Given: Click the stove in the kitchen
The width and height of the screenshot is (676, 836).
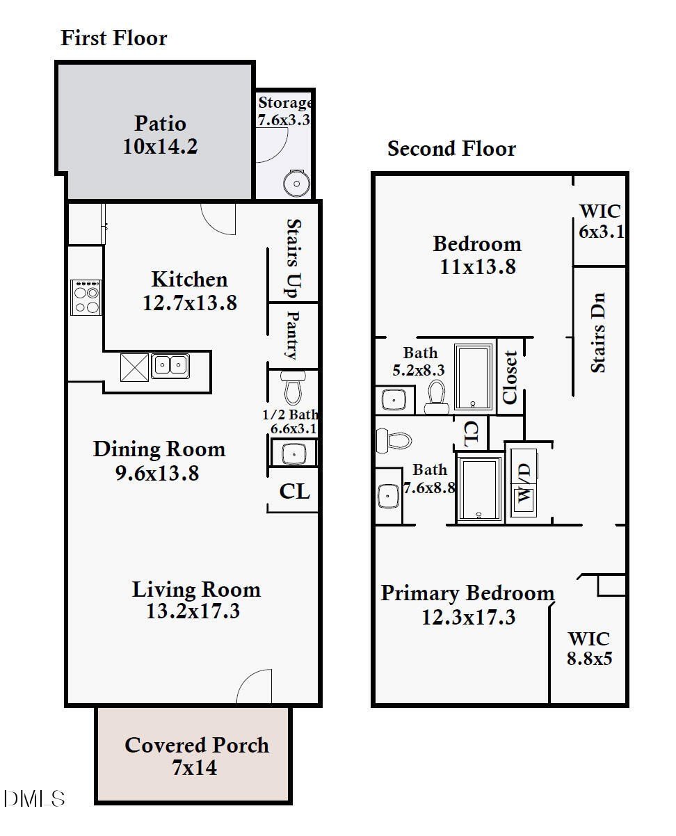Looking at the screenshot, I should [86, 298].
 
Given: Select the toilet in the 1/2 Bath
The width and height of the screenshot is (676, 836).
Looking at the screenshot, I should [293, 387].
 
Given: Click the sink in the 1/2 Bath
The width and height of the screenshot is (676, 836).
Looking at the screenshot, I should [293, 453].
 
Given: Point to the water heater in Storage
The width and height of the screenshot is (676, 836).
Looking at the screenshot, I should [296, 183].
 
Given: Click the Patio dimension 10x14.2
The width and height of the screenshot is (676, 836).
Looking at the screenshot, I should [160, 146].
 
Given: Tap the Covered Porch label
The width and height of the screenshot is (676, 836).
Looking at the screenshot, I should [196, 745].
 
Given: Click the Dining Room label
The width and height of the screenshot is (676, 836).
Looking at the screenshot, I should [159, 449].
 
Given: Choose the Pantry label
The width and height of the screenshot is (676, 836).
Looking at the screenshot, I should [293, 335].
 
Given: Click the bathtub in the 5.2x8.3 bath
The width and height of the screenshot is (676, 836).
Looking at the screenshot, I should [473, 377].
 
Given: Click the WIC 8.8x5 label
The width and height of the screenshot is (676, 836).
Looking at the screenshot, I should [589, 648].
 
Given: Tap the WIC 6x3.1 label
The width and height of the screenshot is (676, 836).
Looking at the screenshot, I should [599, 221].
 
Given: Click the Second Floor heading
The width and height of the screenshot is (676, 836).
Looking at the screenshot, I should [451, 149].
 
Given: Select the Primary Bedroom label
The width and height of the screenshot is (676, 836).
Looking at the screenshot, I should [467, 593].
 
